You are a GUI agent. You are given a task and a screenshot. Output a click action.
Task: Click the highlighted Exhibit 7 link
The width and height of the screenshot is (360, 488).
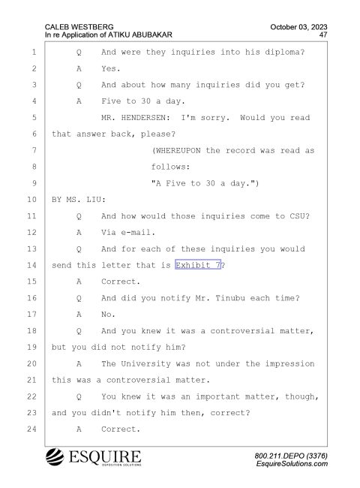198,265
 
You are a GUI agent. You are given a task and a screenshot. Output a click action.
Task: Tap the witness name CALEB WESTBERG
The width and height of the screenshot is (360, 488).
79,27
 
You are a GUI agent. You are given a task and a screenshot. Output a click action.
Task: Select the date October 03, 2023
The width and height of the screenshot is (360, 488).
298,27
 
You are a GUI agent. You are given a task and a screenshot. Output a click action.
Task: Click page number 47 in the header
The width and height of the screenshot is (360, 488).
323,35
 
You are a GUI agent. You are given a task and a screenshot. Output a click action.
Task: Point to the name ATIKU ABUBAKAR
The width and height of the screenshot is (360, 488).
140,35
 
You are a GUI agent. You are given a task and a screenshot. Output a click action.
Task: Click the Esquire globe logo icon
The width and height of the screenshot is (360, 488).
55,456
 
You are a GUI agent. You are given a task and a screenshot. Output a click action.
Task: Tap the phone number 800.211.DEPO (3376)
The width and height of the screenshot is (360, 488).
291,456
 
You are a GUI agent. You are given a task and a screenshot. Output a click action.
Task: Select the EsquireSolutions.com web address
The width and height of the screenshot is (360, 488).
292,464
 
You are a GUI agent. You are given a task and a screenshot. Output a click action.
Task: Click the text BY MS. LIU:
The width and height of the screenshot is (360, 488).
79,200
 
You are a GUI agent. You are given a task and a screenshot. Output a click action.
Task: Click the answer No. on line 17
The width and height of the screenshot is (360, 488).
108,315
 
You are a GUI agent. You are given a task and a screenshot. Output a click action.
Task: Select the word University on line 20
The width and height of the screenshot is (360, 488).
145,364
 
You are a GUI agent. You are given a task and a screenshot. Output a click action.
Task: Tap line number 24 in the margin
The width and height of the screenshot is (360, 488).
31,429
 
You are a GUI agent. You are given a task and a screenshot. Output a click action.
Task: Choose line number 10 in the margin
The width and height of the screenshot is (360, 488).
31,200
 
